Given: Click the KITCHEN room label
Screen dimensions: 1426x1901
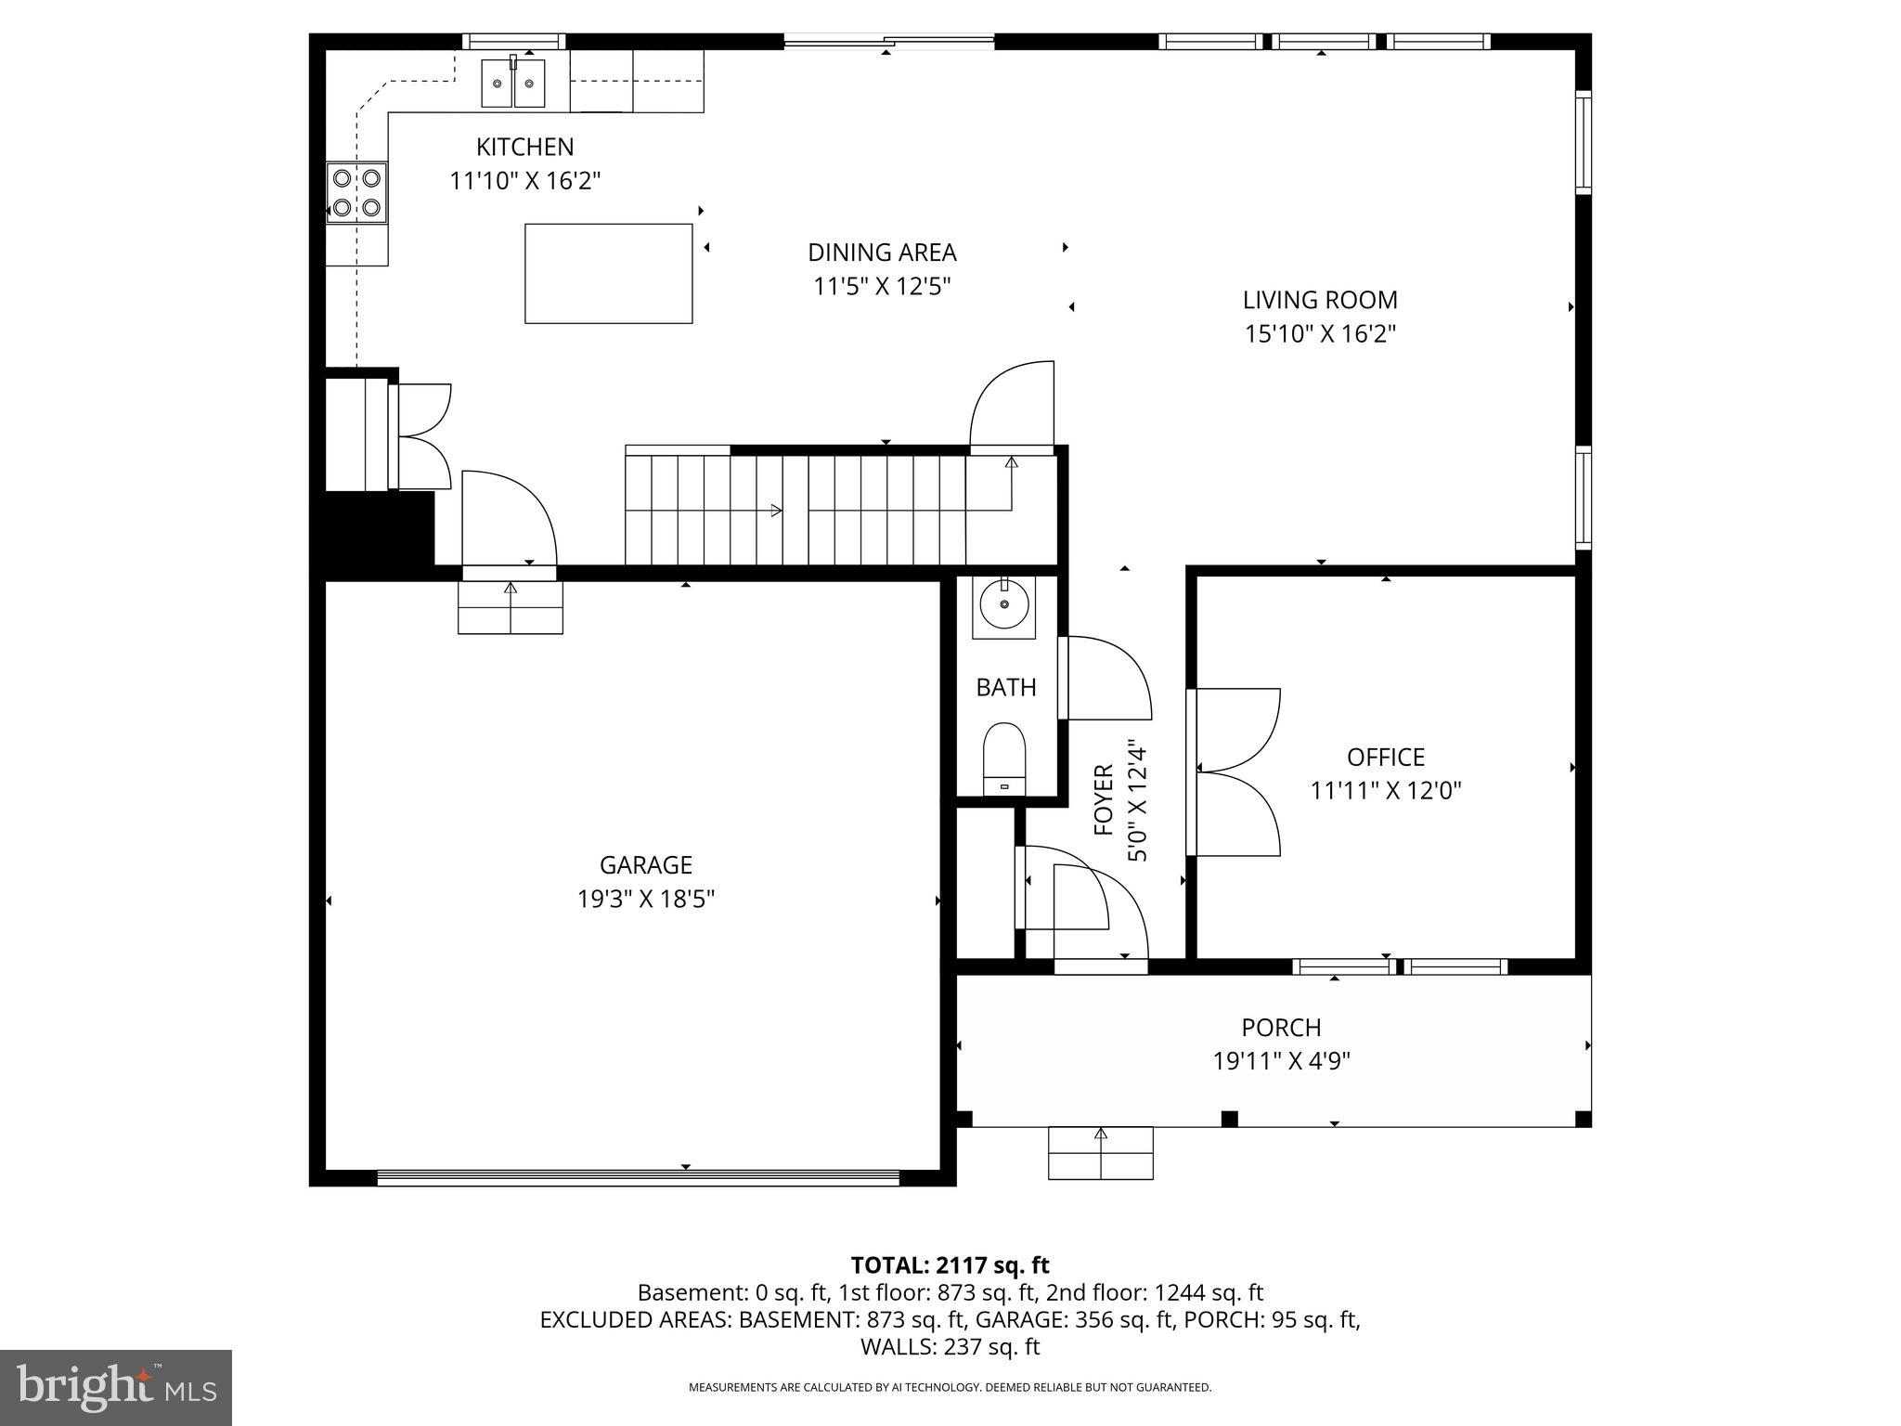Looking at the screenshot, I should (x=524, y=147).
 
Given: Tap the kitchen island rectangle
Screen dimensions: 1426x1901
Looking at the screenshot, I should (x=608, y=274).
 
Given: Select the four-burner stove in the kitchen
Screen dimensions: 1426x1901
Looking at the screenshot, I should (x=356, y=192).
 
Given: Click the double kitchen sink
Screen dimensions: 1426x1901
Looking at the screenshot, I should (x=513, y=84).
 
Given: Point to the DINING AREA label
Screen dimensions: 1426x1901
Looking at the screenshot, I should (x=882, y=253).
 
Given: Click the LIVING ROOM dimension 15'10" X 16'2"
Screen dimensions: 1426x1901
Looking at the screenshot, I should (x=1320, y=333).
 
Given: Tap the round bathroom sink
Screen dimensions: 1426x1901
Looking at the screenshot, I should (x=1003, y=607).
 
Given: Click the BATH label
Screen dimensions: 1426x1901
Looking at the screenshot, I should (x=1005, y=688).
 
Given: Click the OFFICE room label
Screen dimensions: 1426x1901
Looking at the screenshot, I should (x=1385, y=758).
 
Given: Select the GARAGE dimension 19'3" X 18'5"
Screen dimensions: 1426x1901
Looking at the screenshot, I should (x=645, y=900).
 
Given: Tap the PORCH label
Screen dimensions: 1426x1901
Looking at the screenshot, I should (x=1281, y=1028).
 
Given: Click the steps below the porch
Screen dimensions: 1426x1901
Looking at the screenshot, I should (x=1100, y=1153).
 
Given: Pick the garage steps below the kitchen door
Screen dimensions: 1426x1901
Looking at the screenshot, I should (x=511, y=608).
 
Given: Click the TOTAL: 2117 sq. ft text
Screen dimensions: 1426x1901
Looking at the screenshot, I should (x=950, y=1265).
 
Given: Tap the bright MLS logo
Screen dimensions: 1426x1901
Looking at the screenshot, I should (x=116, y=1388).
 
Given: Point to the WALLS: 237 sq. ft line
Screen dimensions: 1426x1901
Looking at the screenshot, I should (x=950, y=1346).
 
